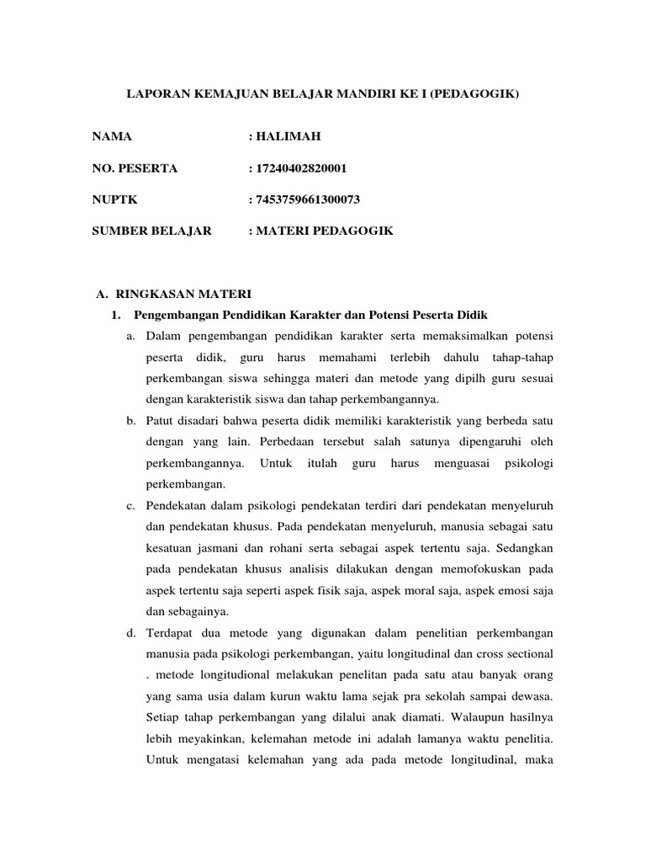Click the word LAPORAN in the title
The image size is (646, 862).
tap(155, 98)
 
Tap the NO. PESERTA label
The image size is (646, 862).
tap(135, 168)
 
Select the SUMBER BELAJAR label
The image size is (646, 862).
tap(152, 230)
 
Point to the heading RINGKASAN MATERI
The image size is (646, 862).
tap(182, 294)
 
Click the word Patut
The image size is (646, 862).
tap(160, 419)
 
